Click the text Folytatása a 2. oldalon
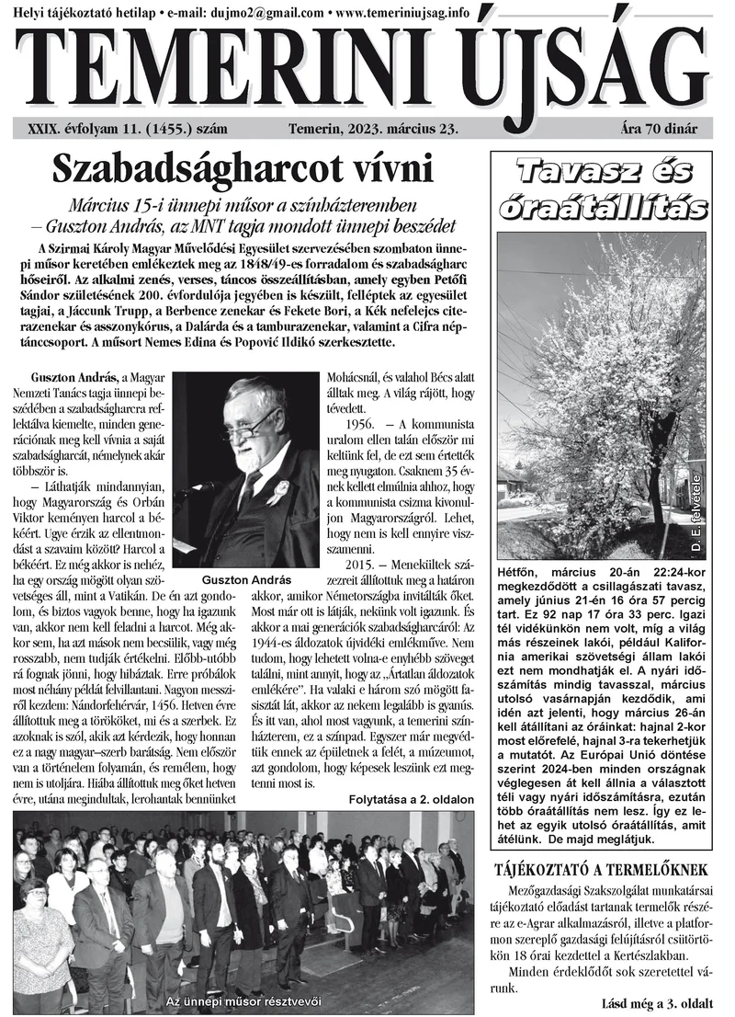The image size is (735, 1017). [x=411, y=799]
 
